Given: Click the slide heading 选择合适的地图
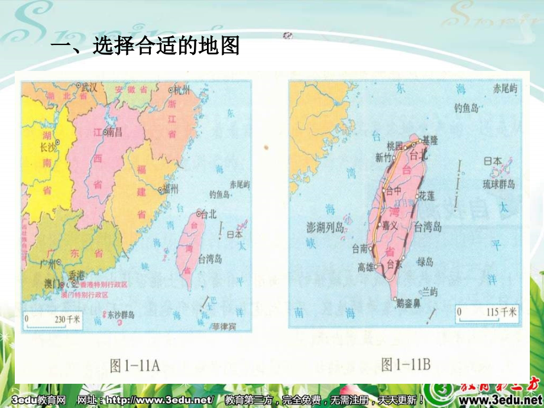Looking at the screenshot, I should [145, 46].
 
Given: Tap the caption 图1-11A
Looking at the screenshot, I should [135, 365].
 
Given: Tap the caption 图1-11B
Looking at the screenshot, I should [406, 365].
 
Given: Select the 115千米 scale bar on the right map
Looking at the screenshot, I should [484, 312].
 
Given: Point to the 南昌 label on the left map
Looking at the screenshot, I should [114, 133].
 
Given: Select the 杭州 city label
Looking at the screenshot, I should [182, 90].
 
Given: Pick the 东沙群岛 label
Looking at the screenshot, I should [121, 314].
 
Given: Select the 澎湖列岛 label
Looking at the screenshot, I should [325, 228].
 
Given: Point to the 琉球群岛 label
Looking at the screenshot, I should [498, 184].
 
